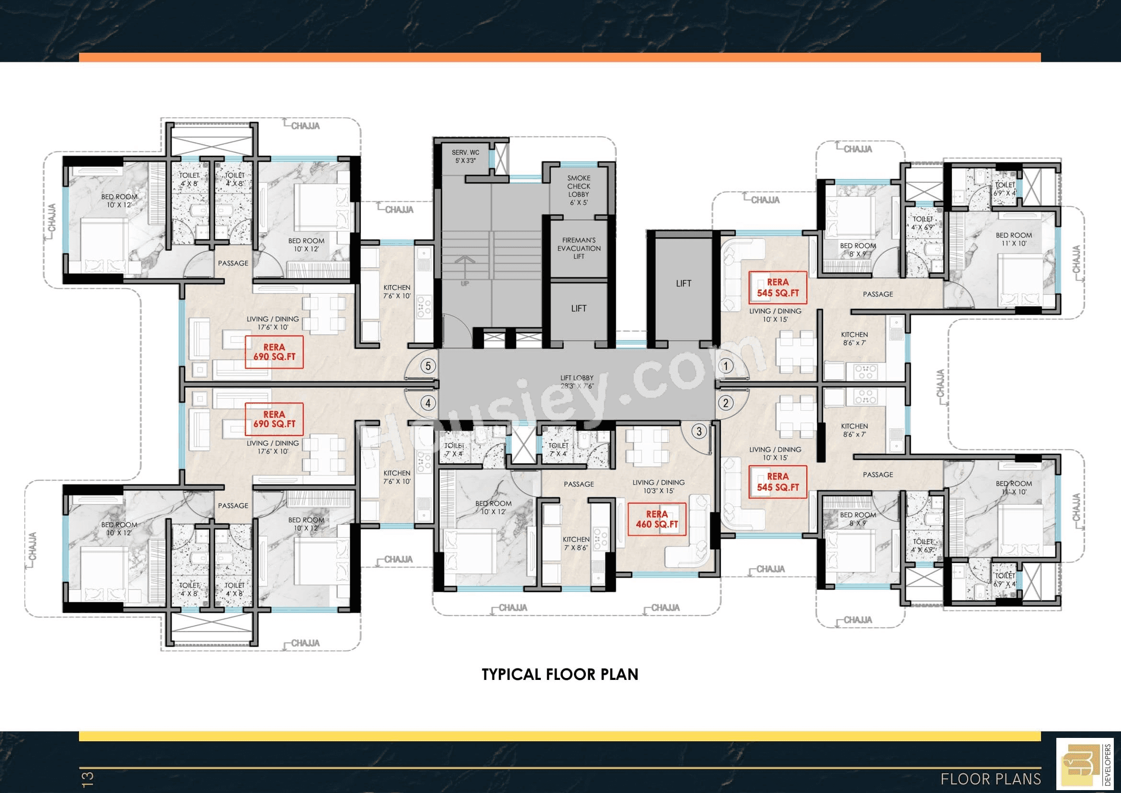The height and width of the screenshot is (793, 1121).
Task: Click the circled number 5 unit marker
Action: pos(428,366)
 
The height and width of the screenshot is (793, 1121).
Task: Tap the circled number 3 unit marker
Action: pos(699,431)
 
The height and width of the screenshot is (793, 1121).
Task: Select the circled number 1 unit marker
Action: pos(725,366)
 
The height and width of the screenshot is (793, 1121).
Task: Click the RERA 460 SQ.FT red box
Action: pos(657,519)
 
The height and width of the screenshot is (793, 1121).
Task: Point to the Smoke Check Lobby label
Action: pos(579,190)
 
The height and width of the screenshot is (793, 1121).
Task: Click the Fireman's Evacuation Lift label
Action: pos(579,248)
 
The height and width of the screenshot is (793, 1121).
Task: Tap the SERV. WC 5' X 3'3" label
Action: pos(465,156)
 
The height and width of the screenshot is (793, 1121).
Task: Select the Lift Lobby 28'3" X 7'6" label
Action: pos(577,382)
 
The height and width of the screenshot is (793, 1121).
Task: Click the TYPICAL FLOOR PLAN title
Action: pos(560,674)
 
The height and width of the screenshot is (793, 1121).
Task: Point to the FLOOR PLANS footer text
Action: pos(991,779)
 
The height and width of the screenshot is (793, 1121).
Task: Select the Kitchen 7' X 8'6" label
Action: pos(576,543)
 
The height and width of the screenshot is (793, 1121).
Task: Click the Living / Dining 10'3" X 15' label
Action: pos(658,486)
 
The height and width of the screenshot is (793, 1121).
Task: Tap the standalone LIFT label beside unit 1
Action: pos(684,283)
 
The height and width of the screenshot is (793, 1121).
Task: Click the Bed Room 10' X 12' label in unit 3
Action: pos(493,507)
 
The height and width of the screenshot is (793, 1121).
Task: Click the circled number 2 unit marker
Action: pos(725,403)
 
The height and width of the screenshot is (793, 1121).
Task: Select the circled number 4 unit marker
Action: pos(428,403)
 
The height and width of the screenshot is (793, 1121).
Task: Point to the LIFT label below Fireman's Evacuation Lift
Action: pos(579,308)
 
